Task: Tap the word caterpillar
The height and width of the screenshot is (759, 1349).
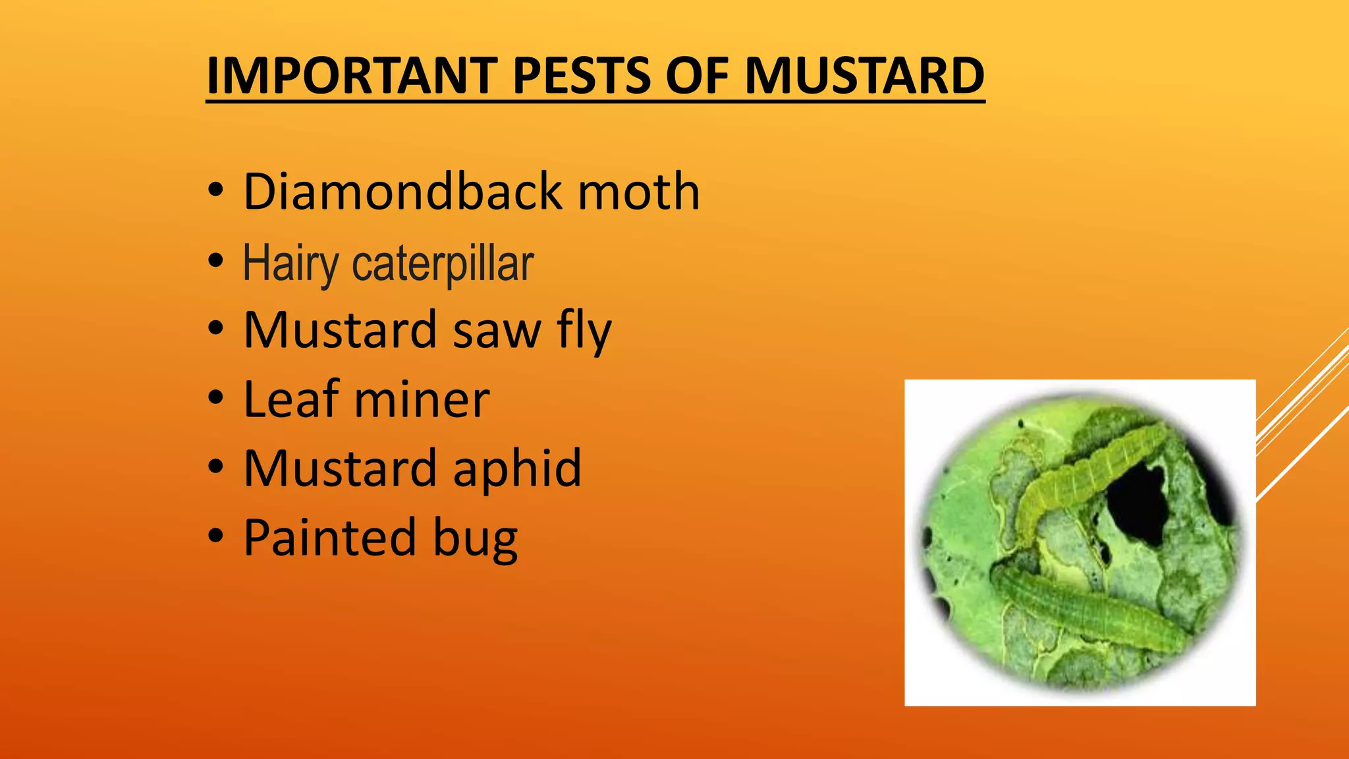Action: tap(443, 264)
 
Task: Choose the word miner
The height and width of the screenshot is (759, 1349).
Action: tap(422, 401)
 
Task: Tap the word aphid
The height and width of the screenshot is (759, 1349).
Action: tap(517, 468)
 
